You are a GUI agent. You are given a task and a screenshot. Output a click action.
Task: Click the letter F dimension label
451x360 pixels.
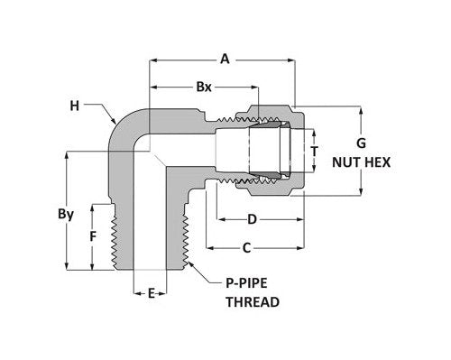(x=92, y=238)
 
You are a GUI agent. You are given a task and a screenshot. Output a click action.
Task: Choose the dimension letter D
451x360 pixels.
(x=253, y=219)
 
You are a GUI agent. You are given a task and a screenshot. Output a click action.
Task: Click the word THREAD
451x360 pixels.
(x=252, y=302)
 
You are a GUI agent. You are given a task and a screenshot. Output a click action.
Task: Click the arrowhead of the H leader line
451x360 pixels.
(x=120, y=124)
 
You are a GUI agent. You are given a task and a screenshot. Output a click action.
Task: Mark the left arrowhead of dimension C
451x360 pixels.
(x=209, y=248)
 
